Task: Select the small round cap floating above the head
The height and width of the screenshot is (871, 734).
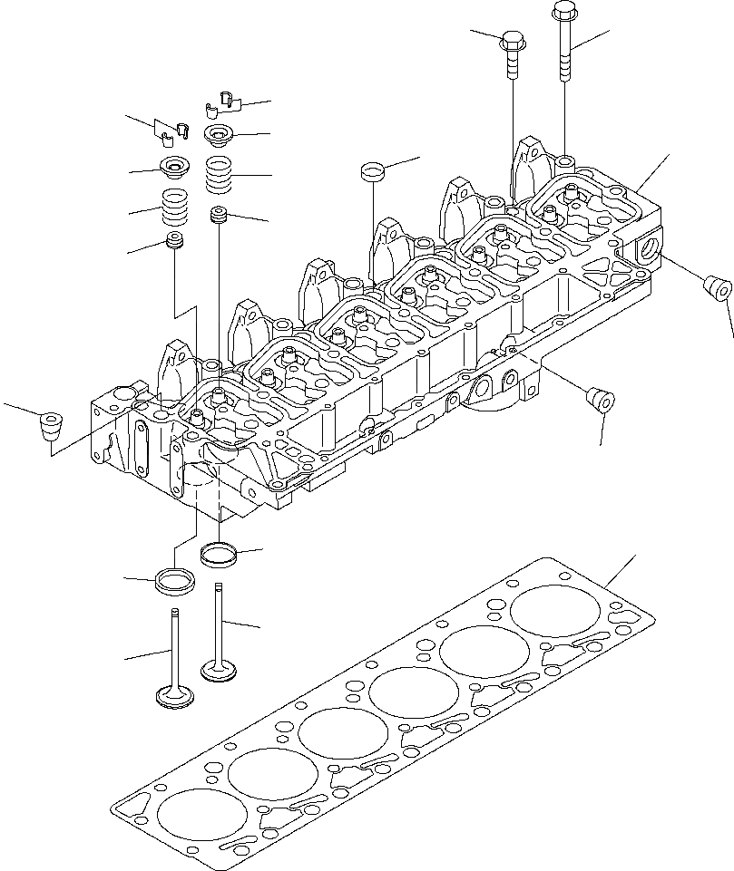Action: [x=371, y=170]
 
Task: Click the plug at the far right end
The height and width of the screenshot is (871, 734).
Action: [x=718, y=287]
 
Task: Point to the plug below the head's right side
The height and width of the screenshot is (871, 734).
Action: [x=600, y=400]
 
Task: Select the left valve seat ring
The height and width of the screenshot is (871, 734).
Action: [x=175, y=581]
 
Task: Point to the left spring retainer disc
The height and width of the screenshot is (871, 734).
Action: [x=173, y=167]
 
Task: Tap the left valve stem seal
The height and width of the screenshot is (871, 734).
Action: [x=173, y=242]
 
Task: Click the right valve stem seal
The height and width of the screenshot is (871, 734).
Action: [x=218, y=216]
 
